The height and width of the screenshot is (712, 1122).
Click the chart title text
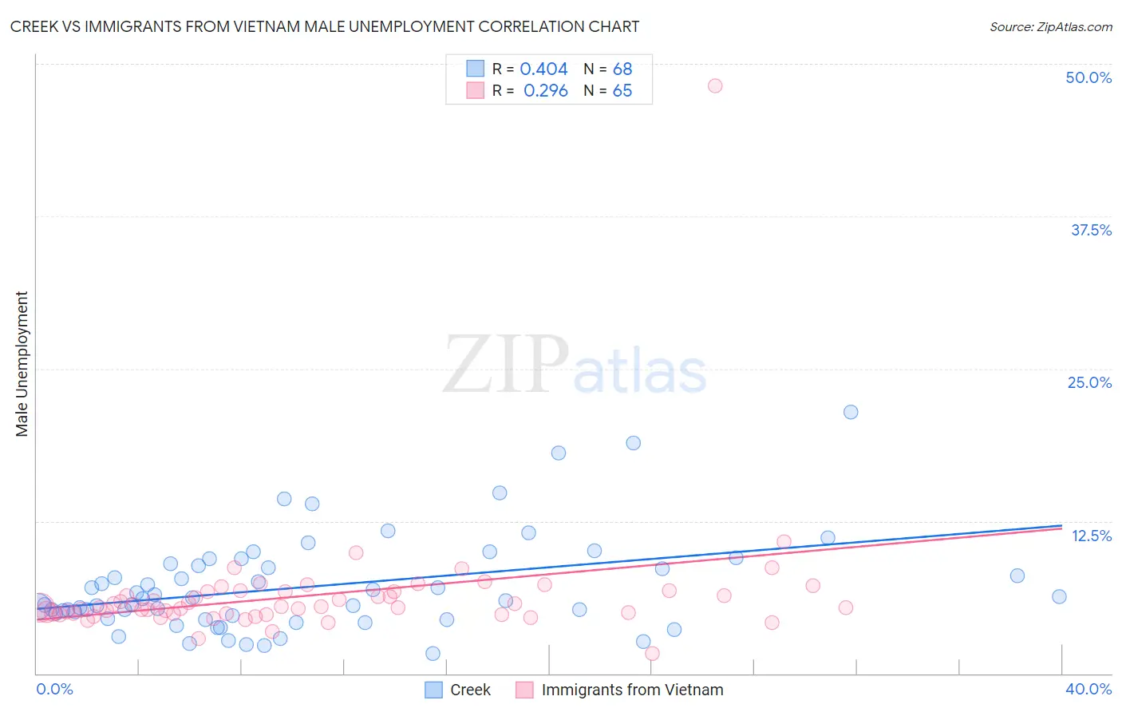pyautogui.click(x=324, y=26)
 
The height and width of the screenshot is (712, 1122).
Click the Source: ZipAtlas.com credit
pyautogui.click(x=1050, y=26)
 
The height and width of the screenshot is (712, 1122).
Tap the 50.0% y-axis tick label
pyautogui.click(x=1088, y=77)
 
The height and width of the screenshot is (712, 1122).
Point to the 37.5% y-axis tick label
pyautogui.click(x=1091, y=230)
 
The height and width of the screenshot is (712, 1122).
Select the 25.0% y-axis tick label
pyautogui.click(x=1089, y=382)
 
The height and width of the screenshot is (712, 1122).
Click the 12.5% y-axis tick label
pyautogui.click(x=1091, y=536)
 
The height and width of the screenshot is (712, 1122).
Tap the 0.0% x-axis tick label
pyautogui.click(x=54, y=689)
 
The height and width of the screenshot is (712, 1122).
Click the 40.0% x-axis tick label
pyautogui.click(x=1088, y=689)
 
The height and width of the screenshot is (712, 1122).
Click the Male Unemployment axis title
pyautogui.click(x=22, y=364)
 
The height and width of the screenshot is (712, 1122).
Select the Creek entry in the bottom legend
pyautogui.click(x=470, y=690)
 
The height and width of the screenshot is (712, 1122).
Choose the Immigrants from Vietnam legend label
pyautogui.click(x=632, y=690)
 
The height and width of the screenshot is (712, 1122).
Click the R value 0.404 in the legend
pyautogui.click(x=543, y=69)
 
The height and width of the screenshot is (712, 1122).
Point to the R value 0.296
pyautogui.click(x=545, y=91)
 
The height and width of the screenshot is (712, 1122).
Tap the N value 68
pyautogui.click(x=622, y=69)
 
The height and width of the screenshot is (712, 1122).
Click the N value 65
pyautogui.click(x=622, y=91)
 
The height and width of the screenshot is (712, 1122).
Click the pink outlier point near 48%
pyautogui.click(x=715, y=85)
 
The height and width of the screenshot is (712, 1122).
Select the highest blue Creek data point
pyautogui.click(x=851, y=412)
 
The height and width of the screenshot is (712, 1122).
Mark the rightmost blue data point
pyautogui.click(x=1059, y=596)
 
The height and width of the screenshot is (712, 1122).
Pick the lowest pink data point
pyautogui.click(x=652, y=654)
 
